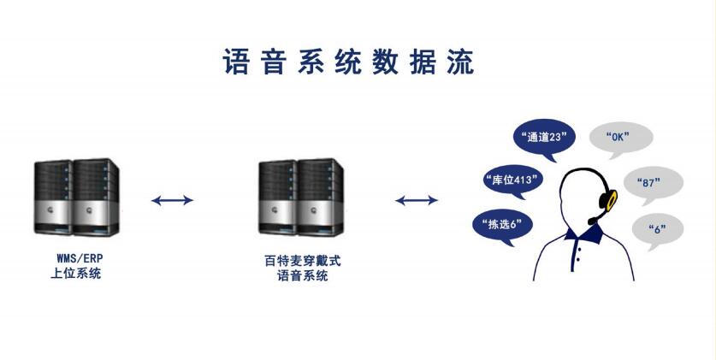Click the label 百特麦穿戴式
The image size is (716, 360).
[x=302, y=261]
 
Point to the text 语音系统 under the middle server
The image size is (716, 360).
[x=302, y=275]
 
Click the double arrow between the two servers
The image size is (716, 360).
[x=172, y=201]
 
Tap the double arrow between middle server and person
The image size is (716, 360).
[x=417, y=201]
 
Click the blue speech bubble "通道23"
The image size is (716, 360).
[x=542, y=137]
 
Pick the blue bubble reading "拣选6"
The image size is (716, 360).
[x=503, y=224]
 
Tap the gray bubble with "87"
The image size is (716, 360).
[x=654, y=182]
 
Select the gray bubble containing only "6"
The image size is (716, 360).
[x=657, y=228]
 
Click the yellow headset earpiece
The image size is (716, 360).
[x=611, y=201]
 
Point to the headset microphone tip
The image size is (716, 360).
[x=591, y=221]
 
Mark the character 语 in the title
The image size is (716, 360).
[x=236, y=62]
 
